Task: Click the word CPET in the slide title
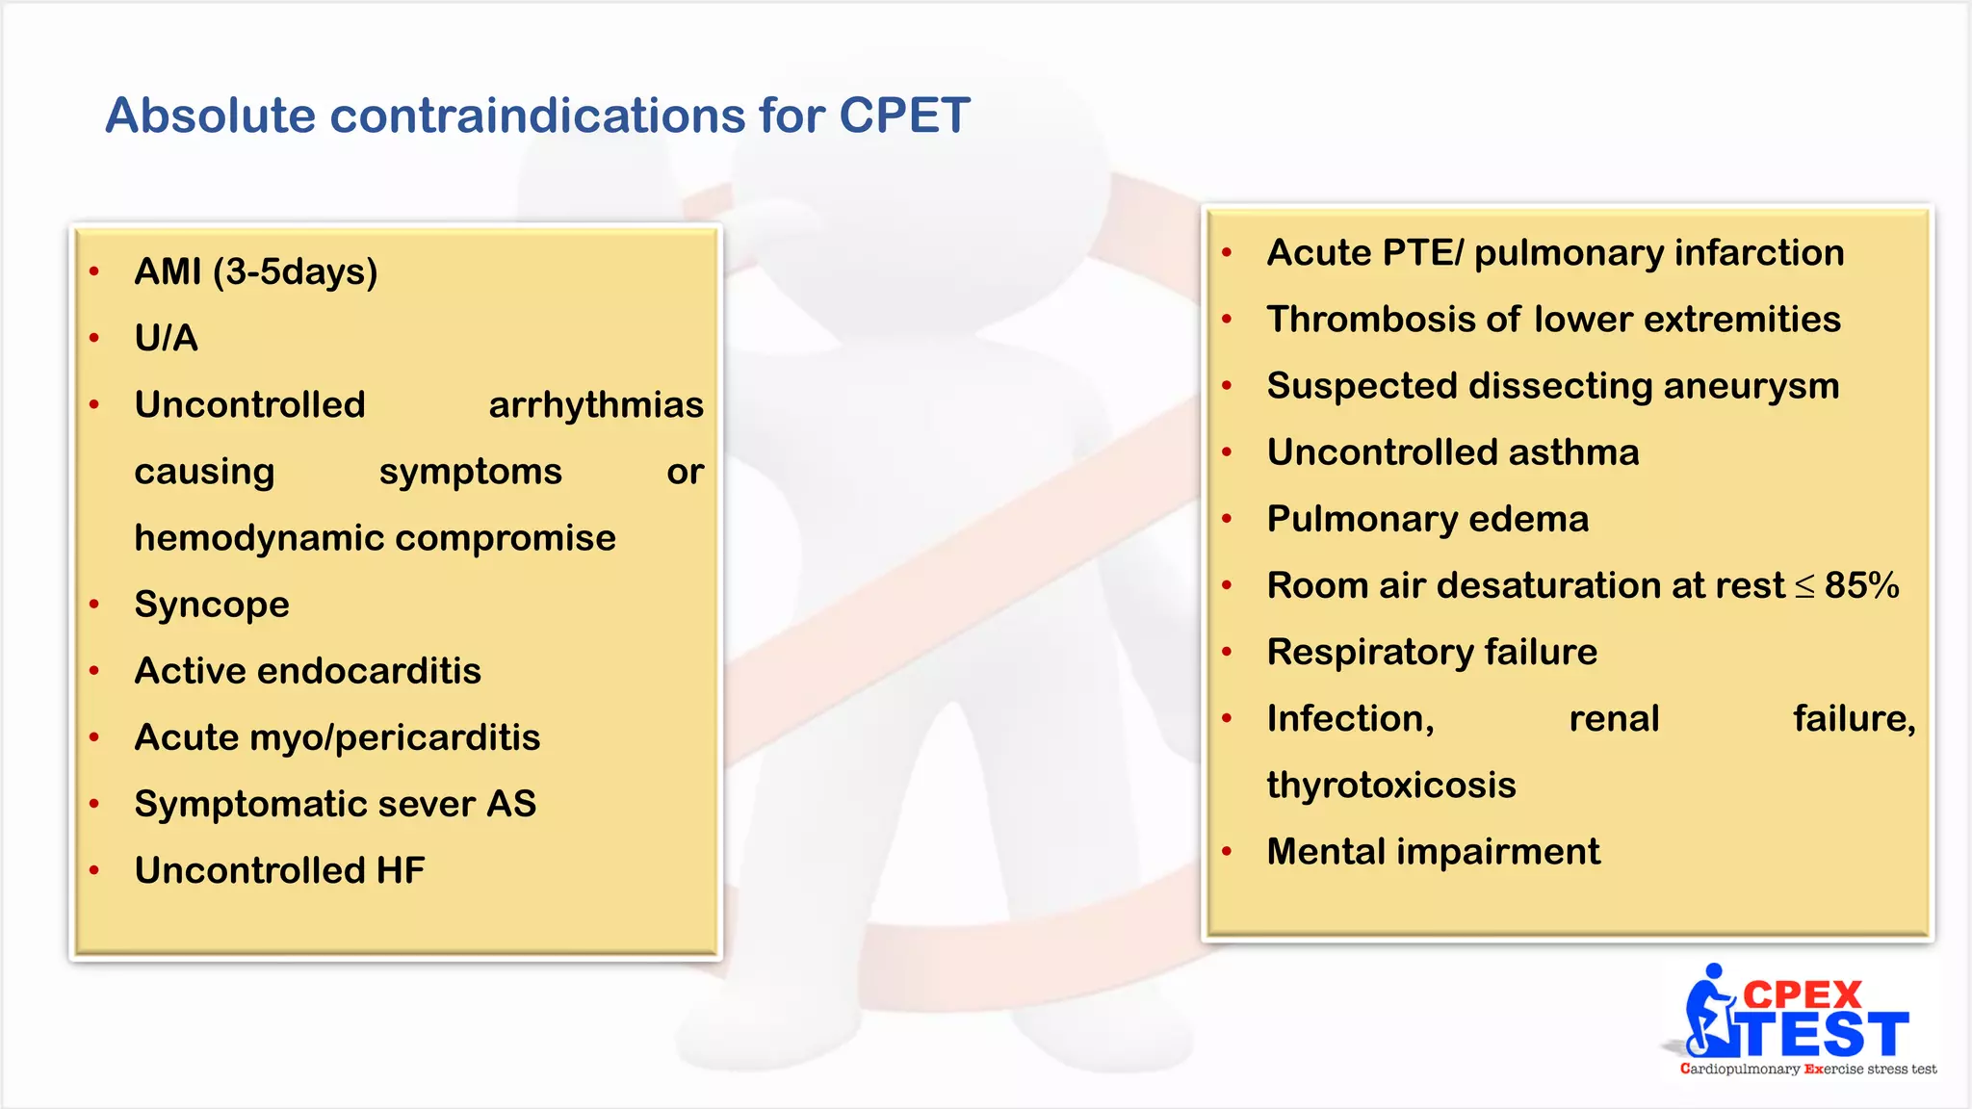903,116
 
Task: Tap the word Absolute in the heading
210,116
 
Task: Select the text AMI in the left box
168,271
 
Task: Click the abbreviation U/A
166,338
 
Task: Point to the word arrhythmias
596,405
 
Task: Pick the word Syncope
212,605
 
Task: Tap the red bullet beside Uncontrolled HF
94,870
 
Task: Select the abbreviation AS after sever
511,804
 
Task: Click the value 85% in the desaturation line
1861,585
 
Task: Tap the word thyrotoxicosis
1391,786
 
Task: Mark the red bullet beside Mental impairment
1227,852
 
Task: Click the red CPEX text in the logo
1803,994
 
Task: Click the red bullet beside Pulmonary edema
1227,519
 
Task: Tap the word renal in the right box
1614,719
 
